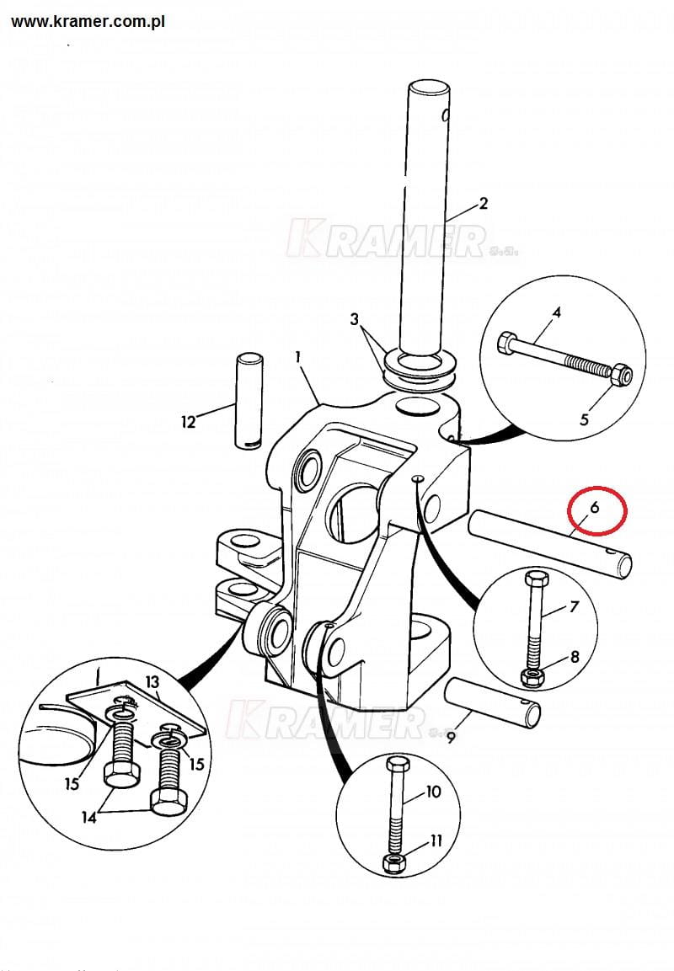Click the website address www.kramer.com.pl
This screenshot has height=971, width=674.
pos(88,22)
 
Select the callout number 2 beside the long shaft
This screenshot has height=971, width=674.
pos(484,204)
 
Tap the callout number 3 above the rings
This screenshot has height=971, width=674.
pos(355,319)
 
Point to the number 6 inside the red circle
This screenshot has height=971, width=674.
pos(595,508)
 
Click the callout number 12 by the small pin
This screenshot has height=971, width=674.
pos(188,422)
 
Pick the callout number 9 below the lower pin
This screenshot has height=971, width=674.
pos(451,738)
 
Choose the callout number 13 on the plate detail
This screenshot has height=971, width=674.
pos(152,682)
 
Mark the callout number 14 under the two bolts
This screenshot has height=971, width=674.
pos(89,818)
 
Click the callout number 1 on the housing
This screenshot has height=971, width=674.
pos(298,357)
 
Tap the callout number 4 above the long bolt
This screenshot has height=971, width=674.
pos(556,312)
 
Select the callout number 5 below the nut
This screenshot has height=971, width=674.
pos(584,419)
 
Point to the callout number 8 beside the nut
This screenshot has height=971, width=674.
pos(575,656)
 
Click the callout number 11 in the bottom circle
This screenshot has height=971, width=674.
pos(436,840)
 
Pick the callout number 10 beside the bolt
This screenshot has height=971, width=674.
pos(433,792)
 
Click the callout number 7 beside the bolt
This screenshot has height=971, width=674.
pos(575,606)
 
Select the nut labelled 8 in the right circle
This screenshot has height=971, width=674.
pos(532,677)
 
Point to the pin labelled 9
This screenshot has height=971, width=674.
pos(493,704)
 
